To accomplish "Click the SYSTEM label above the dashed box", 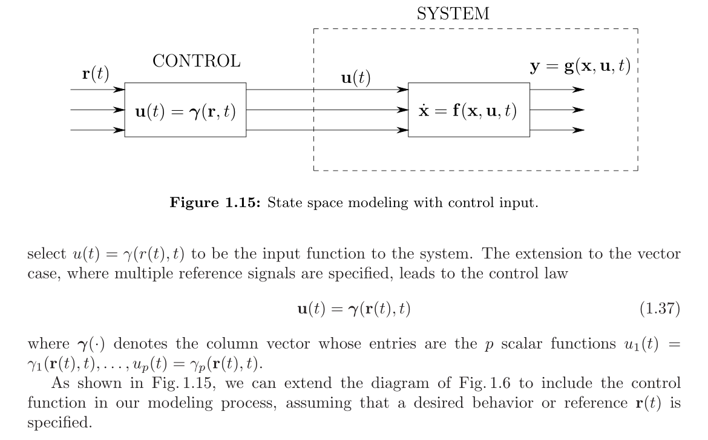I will [x=453, y=14].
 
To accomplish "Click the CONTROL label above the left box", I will [x=196, y=61].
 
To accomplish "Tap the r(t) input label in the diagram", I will [x=96, y=73].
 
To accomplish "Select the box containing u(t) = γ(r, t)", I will [x=185, y=110].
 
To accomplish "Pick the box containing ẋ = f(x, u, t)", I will [x=469, y=110].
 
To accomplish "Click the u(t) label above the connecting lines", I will [x=356, y=78].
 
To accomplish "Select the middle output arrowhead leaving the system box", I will [x=579, y=110].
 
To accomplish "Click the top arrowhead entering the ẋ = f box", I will [x=403, y=90].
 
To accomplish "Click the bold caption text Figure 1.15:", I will [x=215, y=202].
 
